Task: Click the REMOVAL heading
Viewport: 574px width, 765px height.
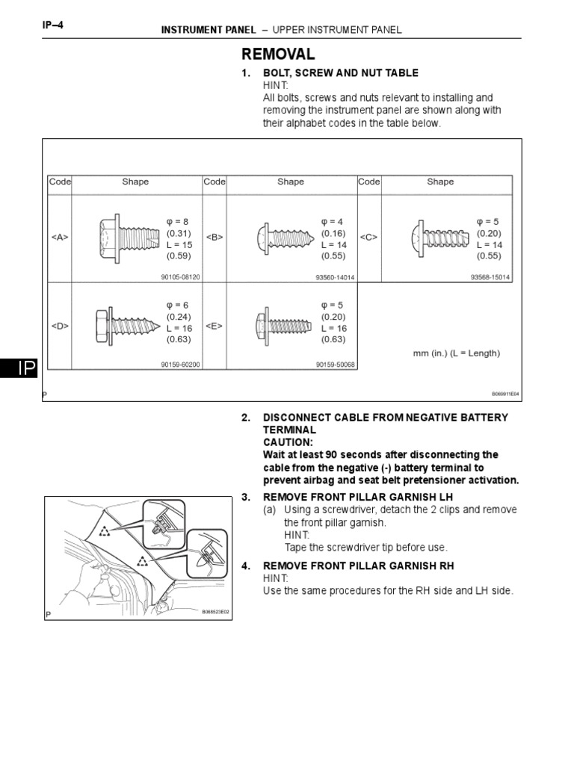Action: [x=277, y=54]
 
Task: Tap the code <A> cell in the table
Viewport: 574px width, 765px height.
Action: [x=60, y=237]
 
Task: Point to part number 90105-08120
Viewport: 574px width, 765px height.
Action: [x=181, y=276]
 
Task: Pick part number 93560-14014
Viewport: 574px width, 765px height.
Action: [x=335, y=276]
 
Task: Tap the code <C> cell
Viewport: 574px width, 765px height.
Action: [x=369, y=237]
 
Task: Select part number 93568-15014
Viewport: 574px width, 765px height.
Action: [x=490, y=276]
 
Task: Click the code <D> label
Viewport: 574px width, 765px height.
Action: [x=60, y=326]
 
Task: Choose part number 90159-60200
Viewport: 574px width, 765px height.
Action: [x=181, y=365]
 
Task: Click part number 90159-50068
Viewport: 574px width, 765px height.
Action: [x=335, y=365]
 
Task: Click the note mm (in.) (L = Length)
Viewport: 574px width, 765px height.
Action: [x=457, y=353]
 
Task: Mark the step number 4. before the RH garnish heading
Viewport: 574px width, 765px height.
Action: [x=245, y=566]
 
